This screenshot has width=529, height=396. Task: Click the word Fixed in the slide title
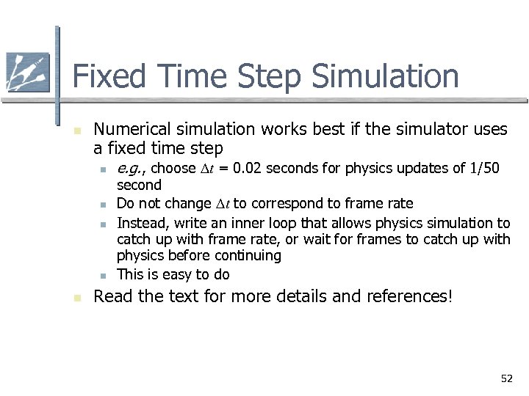pos(107,76)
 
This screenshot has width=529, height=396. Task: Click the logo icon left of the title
pos(27,73)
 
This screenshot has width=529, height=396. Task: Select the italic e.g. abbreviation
pos(132,169)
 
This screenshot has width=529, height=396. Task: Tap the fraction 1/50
pos(486,169)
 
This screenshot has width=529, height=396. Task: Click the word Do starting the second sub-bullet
pos(125,204)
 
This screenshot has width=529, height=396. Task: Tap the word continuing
pos(248,256)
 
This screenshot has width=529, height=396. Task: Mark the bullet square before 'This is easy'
pos(104,276)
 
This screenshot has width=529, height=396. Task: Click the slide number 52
pos(506,378)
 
